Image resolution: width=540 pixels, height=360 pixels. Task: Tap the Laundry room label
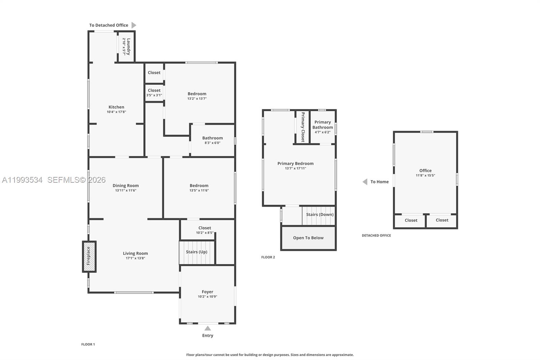point(128,47)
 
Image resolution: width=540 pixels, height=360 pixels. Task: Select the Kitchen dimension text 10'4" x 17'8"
point(116,112)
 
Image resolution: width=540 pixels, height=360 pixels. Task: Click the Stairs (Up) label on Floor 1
point(196,252)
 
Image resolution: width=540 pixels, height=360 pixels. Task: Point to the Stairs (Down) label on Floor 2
point(320,214)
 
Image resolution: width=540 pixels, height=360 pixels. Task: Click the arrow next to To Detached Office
point(134,25)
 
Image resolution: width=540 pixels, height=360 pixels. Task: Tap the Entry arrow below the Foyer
point(208,328)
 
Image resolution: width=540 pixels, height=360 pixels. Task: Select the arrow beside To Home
point(365,182)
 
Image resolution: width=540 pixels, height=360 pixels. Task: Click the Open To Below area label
point(308,238)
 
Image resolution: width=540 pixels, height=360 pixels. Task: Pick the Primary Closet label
point(303,127)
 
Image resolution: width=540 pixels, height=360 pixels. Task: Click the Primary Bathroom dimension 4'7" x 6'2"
point(322,132)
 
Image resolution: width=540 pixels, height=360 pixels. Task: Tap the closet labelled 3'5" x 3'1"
point(154,93)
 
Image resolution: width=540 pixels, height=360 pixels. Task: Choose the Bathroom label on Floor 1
point(212,138)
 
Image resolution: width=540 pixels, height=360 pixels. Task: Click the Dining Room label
point(126,185)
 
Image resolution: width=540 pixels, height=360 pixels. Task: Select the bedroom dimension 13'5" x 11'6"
point(199,190)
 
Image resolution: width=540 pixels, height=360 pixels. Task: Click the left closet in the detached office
point(411,220)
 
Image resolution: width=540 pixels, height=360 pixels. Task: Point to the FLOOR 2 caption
point(268,257)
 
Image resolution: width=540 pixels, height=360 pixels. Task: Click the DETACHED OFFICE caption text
point(376,235)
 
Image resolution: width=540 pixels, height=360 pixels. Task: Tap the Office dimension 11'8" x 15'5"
point(425,176)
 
